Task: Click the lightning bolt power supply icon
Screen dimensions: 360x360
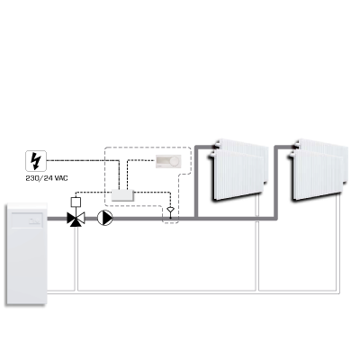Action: [x=36, y=161]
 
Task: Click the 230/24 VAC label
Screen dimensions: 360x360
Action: [x=47, y=178]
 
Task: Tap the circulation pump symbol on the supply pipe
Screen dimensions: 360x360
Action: [x=105, y=218]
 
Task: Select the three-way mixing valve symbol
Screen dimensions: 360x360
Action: [x=76, y=219]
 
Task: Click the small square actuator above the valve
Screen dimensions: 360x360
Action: [x=76, y=202]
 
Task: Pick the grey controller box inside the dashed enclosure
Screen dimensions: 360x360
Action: [x=123, y=195]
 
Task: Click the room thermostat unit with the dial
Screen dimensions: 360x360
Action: [x=168, y=161]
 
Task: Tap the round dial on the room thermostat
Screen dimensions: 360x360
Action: [x=175, y=161]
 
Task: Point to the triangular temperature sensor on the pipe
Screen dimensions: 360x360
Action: [x=171, y=210]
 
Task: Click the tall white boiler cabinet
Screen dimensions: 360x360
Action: [x=27, y=255]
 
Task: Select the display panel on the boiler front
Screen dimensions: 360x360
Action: [x=28, y=219]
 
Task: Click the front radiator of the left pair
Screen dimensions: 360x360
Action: [x=237, y=175]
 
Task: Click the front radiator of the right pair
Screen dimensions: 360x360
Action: [x=316, y=175]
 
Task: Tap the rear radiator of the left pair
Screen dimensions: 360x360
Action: [x=243, y=146]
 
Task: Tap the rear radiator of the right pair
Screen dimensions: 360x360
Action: [x=322, y=146]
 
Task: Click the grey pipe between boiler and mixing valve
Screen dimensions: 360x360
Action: [x=58, y=219]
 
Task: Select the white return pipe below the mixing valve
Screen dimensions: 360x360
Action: [x=76, y=258]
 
